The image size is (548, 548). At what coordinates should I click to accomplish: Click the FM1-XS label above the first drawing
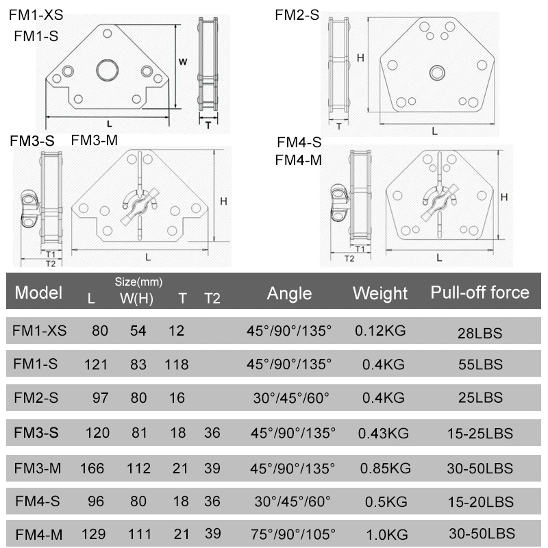[x=40, y=13]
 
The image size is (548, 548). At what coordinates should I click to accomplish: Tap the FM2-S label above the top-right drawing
[x=297, y=14]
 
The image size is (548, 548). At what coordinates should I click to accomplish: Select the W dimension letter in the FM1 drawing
[x=183, y=62]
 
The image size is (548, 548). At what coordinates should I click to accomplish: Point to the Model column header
[x=38, y=293]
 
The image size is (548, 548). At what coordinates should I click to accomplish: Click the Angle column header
[x=289, y=293]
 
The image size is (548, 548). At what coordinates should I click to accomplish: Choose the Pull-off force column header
[x=480, y=292]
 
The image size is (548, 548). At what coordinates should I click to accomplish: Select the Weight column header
[x=380, y=293]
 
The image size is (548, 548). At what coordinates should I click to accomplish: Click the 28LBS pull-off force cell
[x=480, y=334]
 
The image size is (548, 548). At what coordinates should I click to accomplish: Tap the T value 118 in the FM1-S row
[x=176, y=364]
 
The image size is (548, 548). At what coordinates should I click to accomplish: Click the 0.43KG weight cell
[x=381, y=434]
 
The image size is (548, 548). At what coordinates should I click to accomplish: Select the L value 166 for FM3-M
[x=92, y=469]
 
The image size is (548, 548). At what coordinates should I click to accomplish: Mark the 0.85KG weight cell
[x=383, y=469]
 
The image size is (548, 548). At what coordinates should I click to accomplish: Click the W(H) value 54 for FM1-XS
[x=138, y=331]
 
